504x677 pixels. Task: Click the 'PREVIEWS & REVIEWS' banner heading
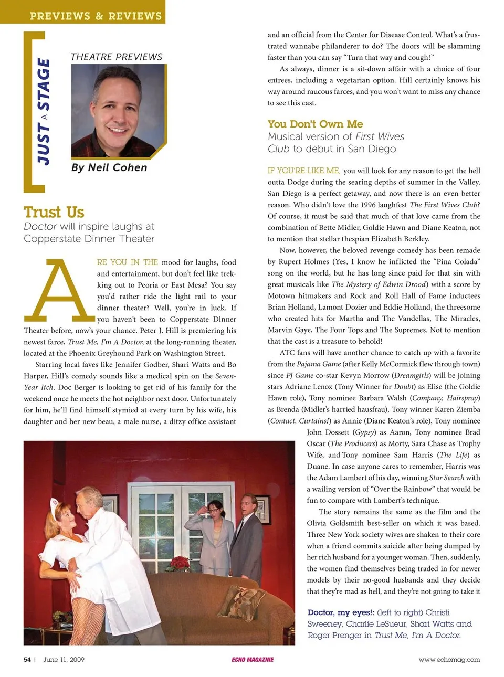coord(96,16)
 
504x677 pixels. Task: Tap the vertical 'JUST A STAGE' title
coord(44,111)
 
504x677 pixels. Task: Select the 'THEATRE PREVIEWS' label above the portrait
coord(117,57)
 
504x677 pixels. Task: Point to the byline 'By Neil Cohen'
coord(109,167)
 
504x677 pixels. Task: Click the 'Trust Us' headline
coord(54,212)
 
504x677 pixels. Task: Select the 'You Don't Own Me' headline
coord(315,124)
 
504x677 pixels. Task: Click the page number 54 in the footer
coord(27,660)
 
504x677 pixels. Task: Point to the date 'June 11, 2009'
coord(64,660)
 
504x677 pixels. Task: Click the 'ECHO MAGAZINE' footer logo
coord(253,660)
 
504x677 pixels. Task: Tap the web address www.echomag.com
coord(449,660)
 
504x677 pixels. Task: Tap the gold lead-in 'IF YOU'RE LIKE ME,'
coord(303,171)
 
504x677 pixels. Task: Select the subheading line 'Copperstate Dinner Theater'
coord(89,238)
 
